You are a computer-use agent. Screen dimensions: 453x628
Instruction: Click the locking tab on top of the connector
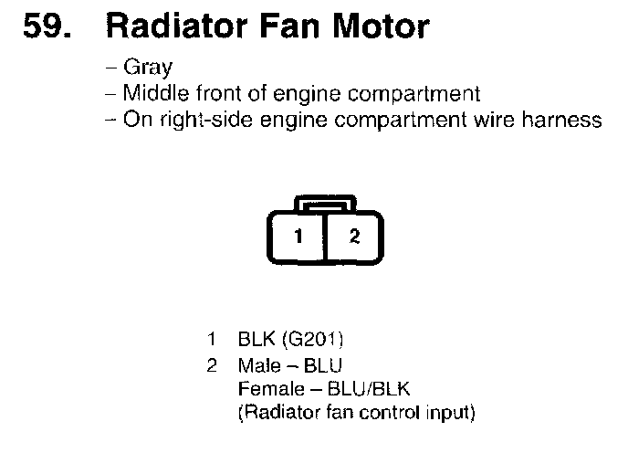click(326, 204)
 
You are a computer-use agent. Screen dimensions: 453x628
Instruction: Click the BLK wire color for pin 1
click(256, 341)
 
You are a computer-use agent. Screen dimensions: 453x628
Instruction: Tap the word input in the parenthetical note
click(450, 413)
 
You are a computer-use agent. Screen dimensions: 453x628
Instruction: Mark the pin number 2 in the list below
click(213, 365)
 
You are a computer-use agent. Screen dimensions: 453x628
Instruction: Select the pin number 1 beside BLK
click(213, 341)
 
